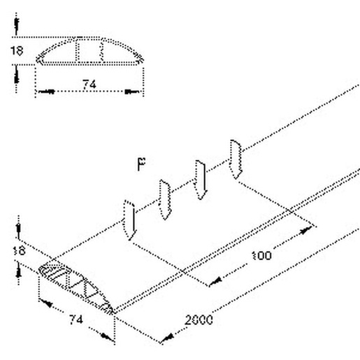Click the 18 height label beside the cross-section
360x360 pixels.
tap(17, 51)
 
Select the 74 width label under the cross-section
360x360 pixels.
tap(89, 85)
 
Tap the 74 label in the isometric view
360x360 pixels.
tap(76, 319)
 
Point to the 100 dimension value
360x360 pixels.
tap(262, 256)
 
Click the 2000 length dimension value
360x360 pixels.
tap(199, 320)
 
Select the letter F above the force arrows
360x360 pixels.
tap(141, 164)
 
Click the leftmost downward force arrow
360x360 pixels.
tap(129, 220)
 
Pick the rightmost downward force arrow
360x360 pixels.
tap(236, 159)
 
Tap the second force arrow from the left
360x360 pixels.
tap(165, 200)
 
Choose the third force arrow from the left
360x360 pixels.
tap(201, 180)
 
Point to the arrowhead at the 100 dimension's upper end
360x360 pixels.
tap(305, 231)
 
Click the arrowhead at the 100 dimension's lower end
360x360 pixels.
tap(216, 282)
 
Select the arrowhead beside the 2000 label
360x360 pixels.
tap(167, 338)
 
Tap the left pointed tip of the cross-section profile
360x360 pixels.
tap(37, 61)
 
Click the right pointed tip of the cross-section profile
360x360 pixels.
tap(143, 61)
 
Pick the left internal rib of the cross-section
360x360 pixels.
tap(77, 51)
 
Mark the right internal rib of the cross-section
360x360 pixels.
tap(101, 51)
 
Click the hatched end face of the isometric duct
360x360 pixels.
tap(75, 286)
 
